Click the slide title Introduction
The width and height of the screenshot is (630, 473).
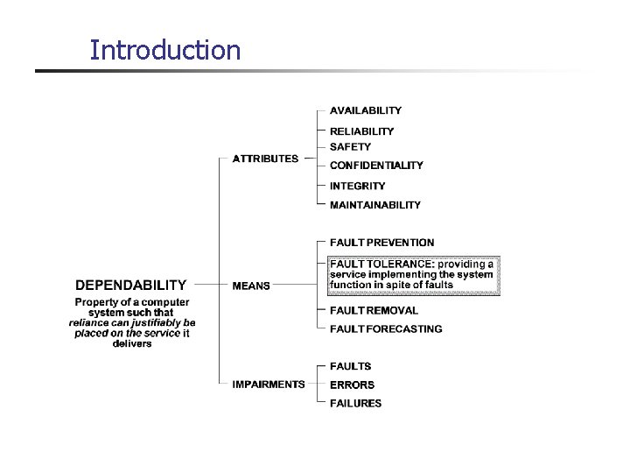point(164,50)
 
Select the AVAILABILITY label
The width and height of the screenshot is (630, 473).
point(366,111)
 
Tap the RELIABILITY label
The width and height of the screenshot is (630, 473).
point(361,131)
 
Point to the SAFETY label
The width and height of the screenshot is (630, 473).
point(350,147)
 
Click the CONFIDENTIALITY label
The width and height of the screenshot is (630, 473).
point(376,166)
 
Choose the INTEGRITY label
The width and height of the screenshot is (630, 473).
point(357,186)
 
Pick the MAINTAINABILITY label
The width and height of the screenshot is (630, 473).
point(374,205)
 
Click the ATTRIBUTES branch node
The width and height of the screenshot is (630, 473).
point(265,159)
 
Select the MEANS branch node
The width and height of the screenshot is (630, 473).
point(251,285)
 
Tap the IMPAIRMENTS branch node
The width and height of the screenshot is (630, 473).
point(269,384)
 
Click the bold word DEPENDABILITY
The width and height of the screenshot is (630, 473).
point(130,285)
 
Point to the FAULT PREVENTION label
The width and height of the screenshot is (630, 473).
point(381,243)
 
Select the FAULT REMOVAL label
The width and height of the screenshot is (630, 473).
point(374,310)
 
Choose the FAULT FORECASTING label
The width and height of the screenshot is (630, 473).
point(386,329)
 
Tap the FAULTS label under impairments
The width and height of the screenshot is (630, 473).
point(350,366)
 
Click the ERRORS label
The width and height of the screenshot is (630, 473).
point(352,385)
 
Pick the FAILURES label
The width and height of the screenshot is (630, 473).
point(355,404)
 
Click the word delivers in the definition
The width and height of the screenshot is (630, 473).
point(132,343)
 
